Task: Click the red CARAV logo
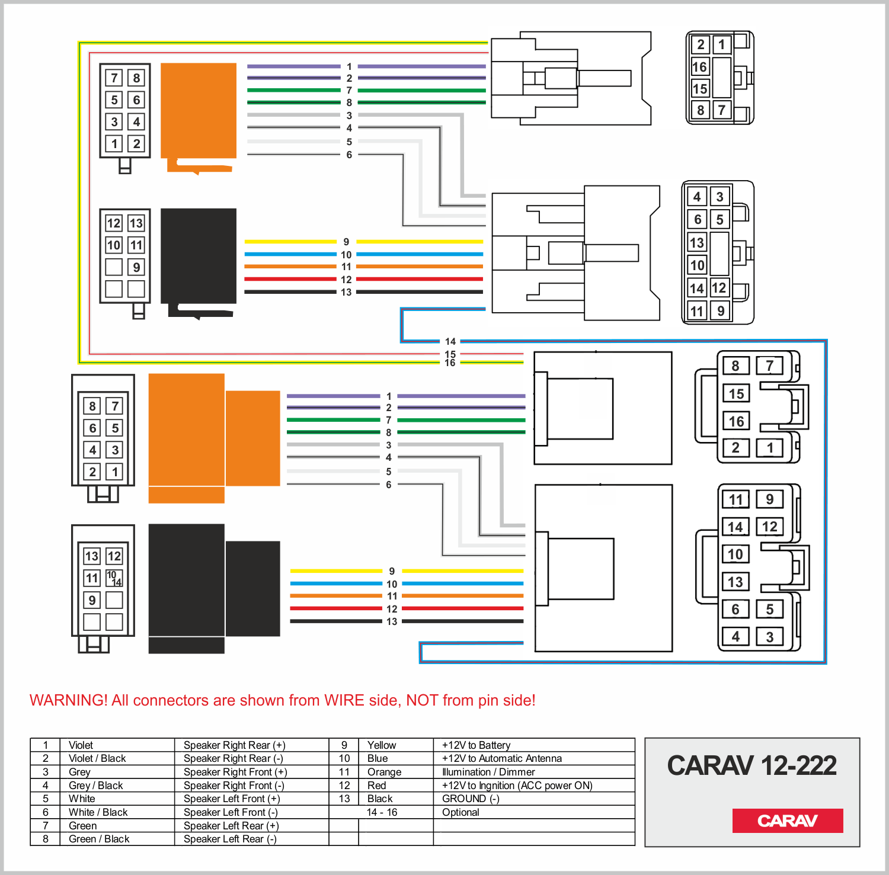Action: click(787, 820)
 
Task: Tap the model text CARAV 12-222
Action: click(752, 765)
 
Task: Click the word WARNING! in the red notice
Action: click(68, 700)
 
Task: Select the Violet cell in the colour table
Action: click(81, 745)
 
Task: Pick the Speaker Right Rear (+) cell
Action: click(234, 745)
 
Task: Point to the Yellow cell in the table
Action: click(382, 745)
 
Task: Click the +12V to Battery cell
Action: click(476, 745)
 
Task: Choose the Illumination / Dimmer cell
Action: click(488, 772)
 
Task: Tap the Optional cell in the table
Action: click(461, 812)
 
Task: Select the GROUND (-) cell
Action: click(471, 799)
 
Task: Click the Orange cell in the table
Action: click(384, 772)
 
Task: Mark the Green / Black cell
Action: click(99, 839)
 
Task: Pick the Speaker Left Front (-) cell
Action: click(231, 812)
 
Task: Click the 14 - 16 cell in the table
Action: click(382, 812)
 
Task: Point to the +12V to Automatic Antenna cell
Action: click(501, 758)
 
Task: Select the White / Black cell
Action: click(98, 812)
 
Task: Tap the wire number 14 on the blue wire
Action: click(450, 341)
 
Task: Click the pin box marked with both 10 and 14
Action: click(114, 578)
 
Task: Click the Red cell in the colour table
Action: click(377, 786)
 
